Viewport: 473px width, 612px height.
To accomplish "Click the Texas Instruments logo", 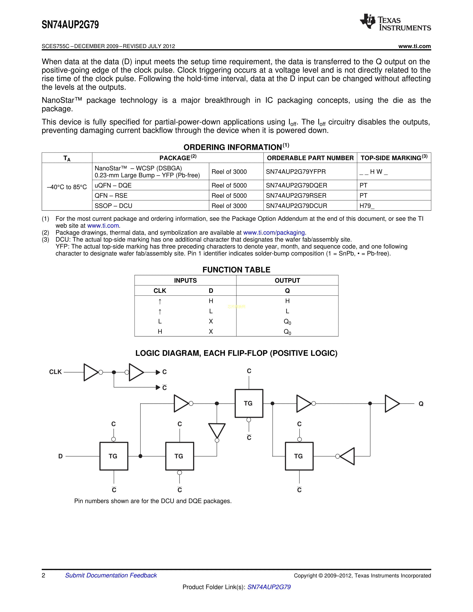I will point(395,22).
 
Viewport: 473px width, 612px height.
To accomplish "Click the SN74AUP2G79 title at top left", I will point(70,25).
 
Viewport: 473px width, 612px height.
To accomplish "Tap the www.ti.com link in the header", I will point(414,46).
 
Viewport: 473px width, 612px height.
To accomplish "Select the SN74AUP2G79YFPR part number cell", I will point(296,172).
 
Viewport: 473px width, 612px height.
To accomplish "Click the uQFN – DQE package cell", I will point(113,185).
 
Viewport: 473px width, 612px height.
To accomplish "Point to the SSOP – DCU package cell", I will point(114,206).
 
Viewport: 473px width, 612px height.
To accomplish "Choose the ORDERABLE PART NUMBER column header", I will point(310,158).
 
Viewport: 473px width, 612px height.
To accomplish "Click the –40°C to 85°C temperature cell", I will point(67,187).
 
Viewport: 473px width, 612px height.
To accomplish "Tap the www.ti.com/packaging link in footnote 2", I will point(274,233).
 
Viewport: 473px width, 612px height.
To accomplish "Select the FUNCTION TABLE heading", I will point(236,270).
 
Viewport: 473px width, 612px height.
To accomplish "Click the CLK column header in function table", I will point(160,291).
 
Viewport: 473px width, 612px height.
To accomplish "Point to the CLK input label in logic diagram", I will point(55,372).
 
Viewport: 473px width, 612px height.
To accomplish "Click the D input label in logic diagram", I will point(60,456).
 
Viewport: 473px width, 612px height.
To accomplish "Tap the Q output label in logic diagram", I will point(421,404).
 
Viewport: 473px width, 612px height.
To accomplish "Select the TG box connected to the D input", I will point(114,456).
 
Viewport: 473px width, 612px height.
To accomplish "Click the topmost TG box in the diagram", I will point(249,403).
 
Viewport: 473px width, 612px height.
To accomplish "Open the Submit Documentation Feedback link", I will point(111,575).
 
